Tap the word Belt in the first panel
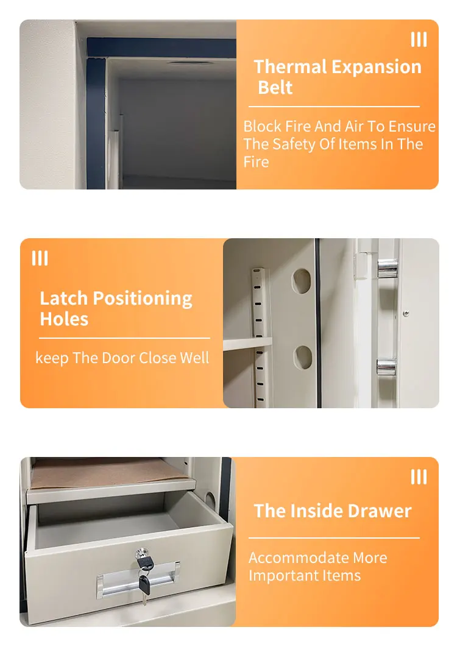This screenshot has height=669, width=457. (275, 87)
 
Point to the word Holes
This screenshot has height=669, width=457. (64, 319)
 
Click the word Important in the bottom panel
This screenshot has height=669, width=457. (277, 576)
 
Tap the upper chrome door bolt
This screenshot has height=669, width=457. (388, 267)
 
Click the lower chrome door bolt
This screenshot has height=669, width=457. (388, 366)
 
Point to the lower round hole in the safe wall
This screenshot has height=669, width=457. (303, 357)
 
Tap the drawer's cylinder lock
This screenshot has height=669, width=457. (143, 555)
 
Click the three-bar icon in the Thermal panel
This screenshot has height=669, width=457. (419, 40)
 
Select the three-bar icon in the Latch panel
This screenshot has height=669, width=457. (40, 258)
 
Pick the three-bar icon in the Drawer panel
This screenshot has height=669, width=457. (419, 477)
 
